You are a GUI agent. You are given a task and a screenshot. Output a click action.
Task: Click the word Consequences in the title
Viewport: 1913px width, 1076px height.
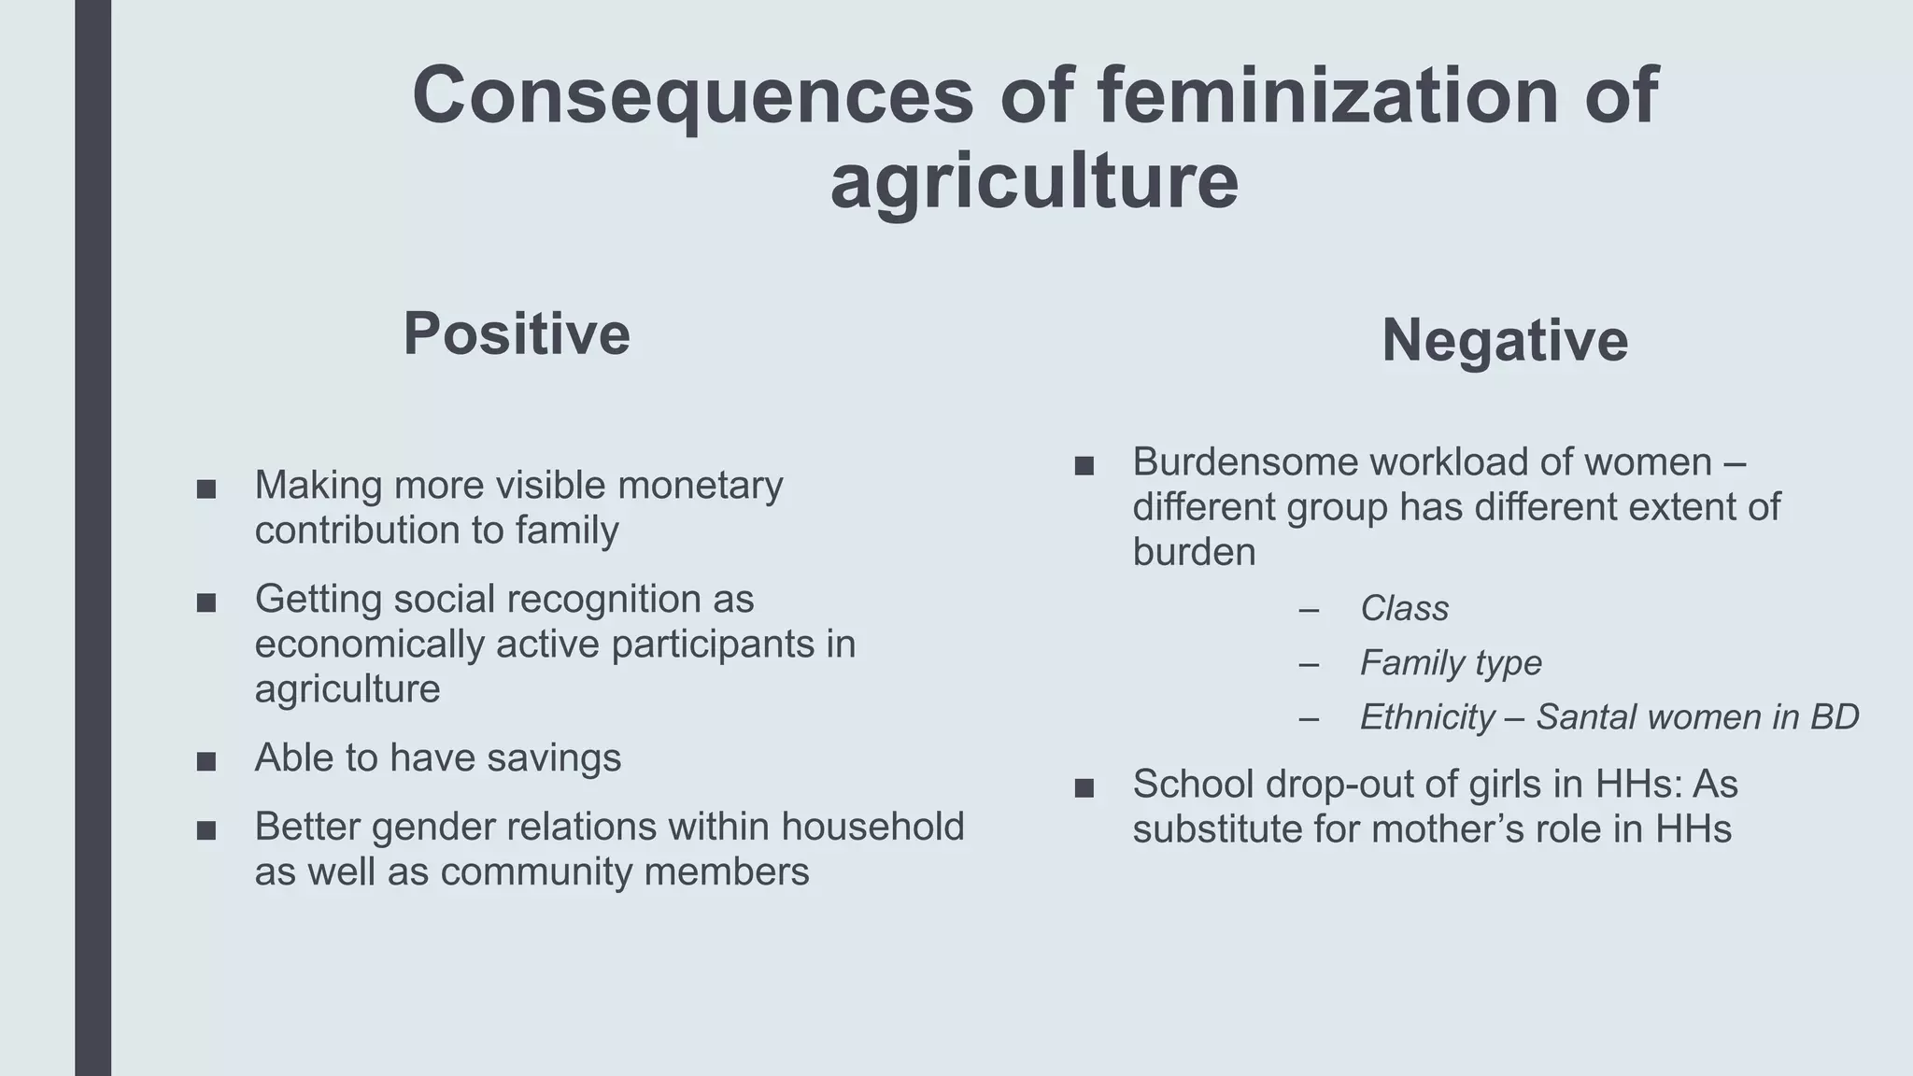[692, 95]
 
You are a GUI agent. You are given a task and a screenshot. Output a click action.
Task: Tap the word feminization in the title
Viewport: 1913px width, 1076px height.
[1327, 95]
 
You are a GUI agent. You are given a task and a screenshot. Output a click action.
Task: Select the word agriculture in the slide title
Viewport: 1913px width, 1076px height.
[1034, 181]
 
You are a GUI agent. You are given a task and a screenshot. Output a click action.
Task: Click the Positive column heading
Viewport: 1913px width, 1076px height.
[517, 333]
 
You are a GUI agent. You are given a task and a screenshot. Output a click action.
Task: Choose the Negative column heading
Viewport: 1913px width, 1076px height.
[1504, 340]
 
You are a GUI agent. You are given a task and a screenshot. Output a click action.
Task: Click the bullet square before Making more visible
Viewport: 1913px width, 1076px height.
[206, 489]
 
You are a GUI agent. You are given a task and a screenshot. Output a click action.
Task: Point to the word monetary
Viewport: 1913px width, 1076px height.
[700, 486]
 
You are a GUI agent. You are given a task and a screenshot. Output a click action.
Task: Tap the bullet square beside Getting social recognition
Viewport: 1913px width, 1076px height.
[206, 603]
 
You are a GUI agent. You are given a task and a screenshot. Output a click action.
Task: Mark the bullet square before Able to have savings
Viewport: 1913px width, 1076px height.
[206, 762]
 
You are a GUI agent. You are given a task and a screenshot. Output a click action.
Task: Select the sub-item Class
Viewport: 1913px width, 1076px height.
[1404, 609]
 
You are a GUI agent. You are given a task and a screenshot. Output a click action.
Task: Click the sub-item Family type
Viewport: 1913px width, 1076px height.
[1450, 663]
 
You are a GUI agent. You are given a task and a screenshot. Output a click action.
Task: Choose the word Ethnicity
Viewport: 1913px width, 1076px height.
[1427, 717]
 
